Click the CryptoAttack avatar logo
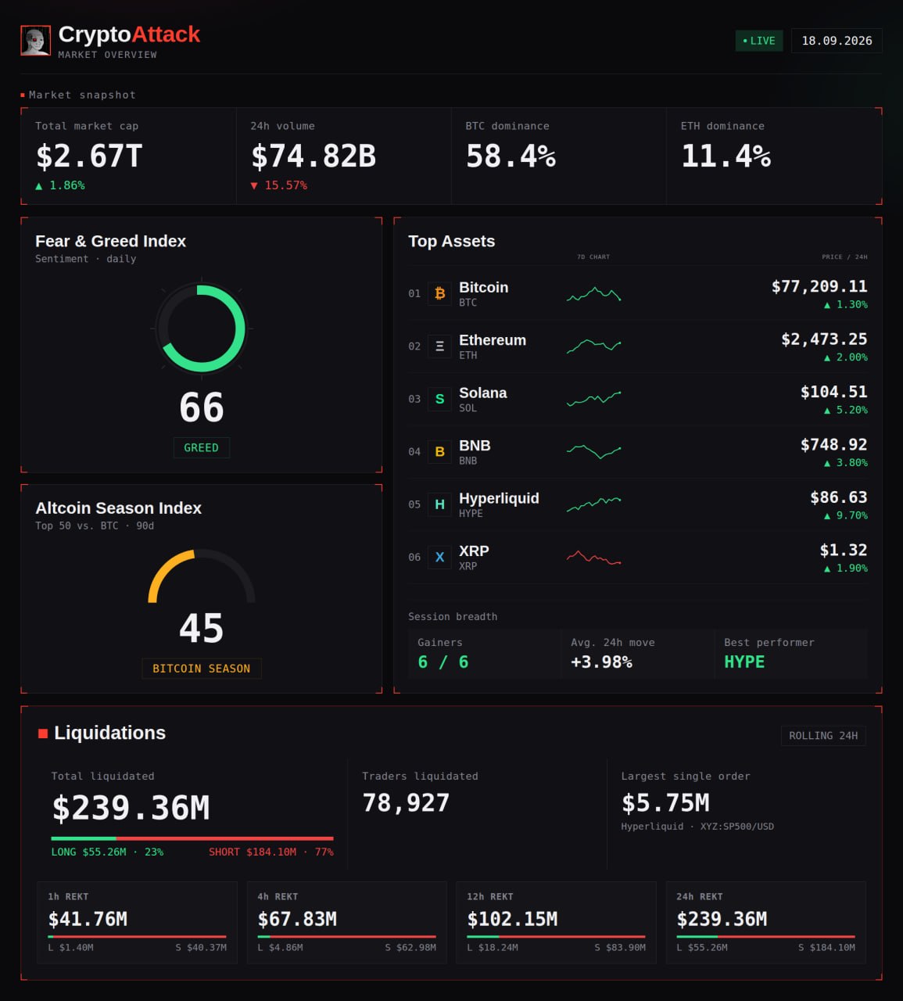[x=35, y=41]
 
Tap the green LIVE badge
[x=759, y=41]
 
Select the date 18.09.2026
[x=837, y=41]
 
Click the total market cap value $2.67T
[x=89, y=156]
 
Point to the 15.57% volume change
[x=279, y=185]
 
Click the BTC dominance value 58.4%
[x=511, y=156]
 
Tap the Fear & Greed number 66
[x=202, y=407]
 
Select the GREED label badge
[x=202, y=447]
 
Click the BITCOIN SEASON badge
[x=202, y=669]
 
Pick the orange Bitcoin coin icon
[x=439, y=293]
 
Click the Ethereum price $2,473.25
[x=824, y=339]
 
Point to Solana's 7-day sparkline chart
[x=593, y=399]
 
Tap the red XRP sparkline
[x=593, y=557]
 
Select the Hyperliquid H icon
[x=439, y=504]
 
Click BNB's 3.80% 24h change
[x=846, y=463]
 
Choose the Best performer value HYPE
[x=744, y=662]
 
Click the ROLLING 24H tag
[x=823, y=736]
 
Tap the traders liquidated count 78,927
[x=406, y=803]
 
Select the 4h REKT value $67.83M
[x=297, y=919]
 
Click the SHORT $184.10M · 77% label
[x=271, y=852]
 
